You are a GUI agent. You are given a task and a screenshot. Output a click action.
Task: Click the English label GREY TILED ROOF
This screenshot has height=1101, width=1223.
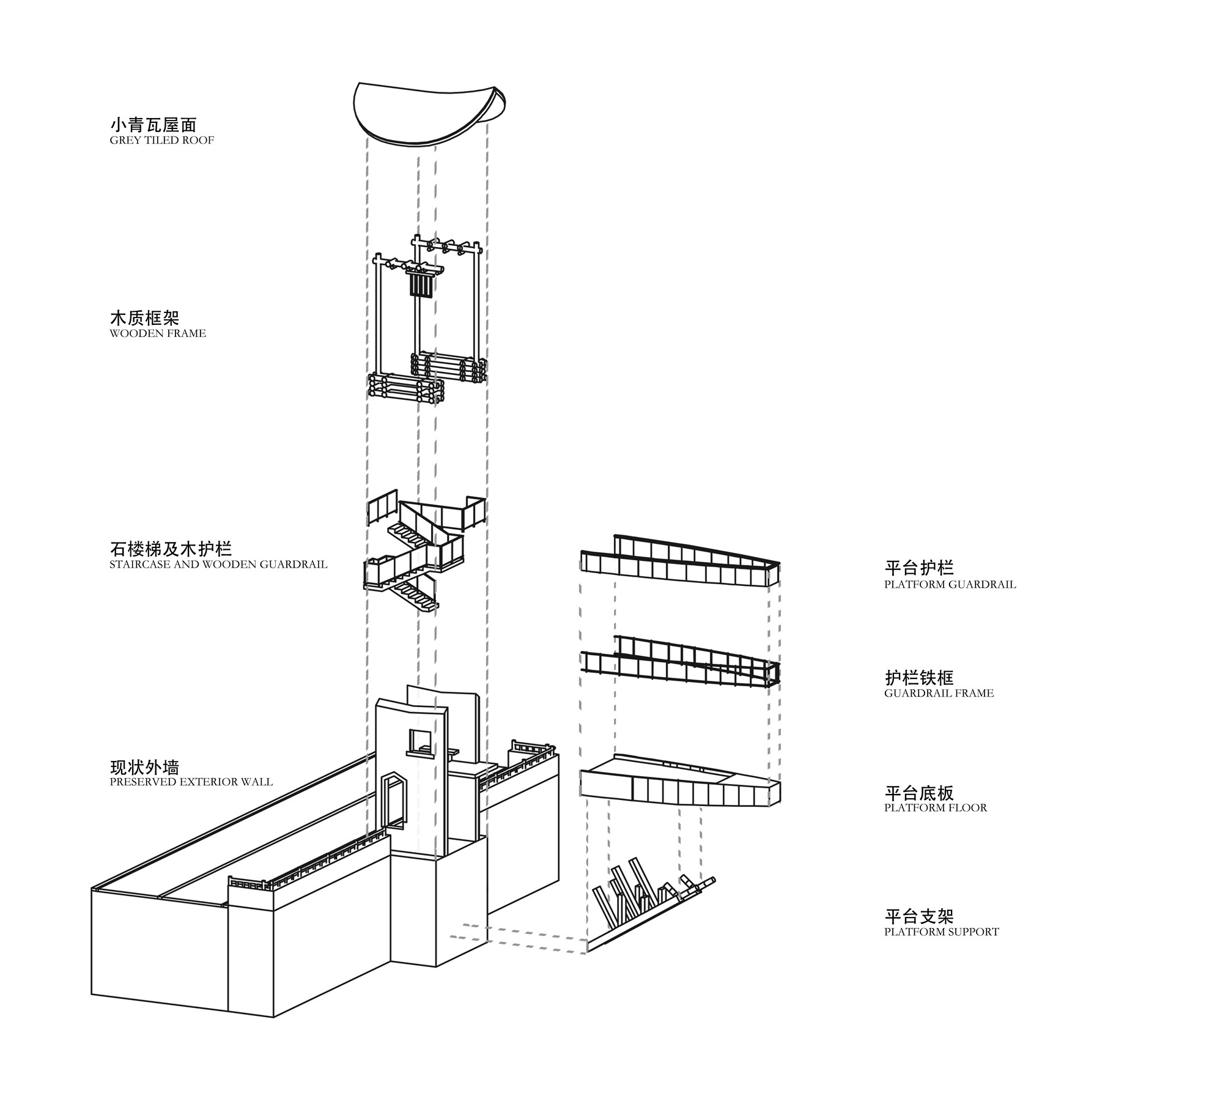(x=162, y=140)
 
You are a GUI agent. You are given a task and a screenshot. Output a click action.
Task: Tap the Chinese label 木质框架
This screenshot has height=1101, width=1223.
(x=144, y=318)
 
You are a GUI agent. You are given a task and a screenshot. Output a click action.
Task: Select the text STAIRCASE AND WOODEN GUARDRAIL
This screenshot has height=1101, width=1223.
(x=218, y=565)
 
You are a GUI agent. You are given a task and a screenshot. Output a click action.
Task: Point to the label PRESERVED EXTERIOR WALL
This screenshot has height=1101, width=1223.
(x=191, y=782)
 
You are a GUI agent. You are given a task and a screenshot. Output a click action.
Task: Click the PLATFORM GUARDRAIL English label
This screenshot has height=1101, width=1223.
(x=950, y=585)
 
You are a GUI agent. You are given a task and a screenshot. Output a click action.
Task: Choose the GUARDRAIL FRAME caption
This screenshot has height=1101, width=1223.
(x=939, y=694)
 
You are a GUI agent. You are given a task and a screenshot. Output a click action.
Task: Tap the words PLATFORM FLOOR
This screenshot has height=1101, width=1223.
(x=935, y=808)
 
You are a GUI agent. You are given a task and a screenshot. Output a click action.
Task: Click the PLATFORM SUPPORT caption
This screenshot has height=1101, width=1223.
(x=941, y=932)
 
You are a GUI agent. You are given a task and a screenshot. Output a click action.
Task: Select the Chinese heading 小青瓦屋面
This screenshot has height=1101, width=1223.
(x=153, y=125)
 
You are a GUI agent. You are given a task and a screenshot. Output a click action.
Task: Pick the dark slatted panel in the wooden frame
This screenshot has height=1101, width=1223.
(x=421, y=285)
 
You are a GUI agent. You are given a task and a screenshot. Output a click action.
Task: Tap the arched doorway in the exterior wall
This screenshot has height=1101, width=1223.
(x=393, y=801)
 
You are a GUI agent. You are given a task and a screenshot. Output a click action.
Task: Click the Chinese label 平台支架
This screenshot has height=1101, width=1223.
(x=919, y=916)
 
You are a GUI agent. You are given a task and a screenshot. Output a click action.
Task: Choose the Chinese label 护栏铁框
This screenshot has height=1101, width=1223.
(x=919, y=678)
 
